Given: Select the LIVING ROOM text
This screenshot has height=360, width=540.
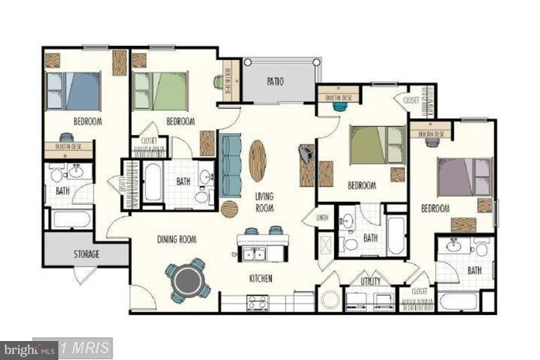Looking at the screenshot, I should click(264, 202).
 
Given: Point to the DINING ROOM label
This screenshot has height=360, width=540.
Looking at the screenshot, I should click(176, 240).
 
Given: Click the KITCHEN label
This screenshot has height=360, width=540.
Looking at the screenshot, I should click(260, 278).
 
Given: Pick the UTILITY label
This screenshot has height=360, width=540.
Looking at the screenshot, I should click(370, 281).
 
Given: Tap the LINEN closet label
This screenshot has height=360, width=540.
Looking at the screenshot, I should click(323, 217).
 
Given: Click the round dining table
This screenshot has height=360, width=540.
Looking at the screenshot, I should click(188, 280).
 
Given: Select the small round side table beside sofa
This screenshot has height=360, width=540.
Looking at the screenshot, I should click(230, 209).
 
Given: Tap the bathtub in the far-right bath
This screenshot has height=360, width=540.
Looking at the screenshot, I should click(458, 301).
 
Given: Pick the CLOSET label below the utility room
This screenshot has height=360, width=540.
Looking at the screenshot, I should click(419, 290).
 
